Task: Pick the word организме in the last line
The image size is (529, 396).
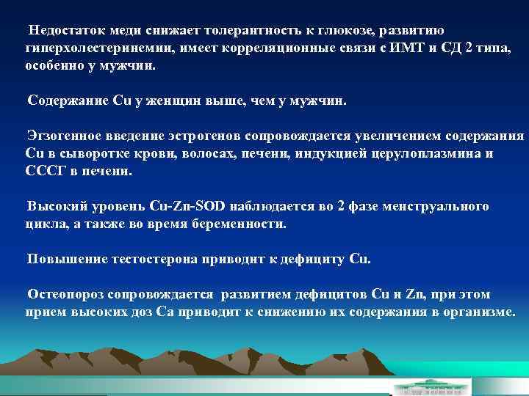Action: pos(478,312)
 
